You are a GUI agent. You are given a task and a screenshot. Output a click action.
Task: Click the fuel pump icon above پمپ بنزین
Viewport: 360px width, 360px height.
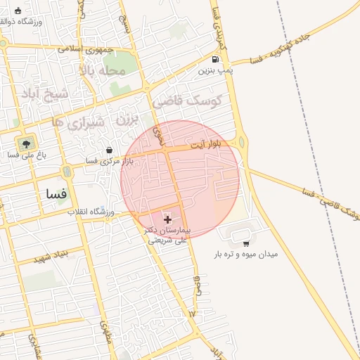[214, 60]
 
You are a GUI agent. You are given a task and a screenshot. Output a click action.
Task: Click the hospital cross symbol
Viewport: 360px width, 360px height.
[167, 220]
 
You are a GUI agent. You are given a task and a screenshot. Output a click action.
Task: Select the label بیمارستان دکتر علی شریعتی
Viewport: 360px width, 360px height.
[167, 235]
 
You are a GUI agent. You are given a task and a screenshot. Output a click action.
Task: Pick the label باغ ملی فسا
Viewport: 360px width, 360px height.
[25, 154]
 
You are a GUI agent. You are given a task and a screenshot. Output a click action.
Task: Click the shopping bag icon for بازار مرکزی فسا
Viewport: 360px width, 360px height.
[109, 150]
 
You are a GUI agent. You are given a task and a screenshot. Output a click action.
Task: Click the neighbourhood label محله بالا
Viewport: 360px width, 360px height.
[102, 71]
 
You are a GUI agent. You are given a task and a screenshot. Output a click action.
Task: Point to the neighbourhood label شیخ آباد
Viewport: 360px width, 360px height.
[46, 94]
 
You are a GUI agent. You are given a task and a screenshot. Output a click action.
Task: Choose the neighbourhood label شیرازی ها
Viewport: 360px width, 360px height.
[78, 123]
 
